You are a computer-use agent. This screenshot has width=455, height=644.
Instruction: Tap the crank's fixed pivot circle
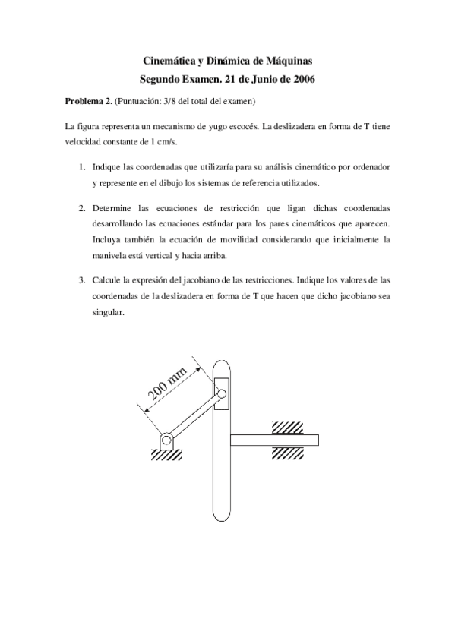[x=166, y=440]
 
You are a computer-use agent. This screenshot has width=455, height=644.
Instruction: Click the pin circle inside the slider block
[x=222, y=394]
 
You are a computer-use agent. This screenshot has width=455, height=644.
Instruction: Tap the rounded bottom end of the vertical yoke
[x=222, y=515]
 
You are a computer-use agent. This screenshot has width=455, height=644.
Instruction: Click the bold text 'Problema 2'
[x=87, y=99]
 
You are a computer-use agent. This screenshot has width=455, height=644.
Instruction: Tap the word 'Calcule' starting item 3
[x=107, y=279]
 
